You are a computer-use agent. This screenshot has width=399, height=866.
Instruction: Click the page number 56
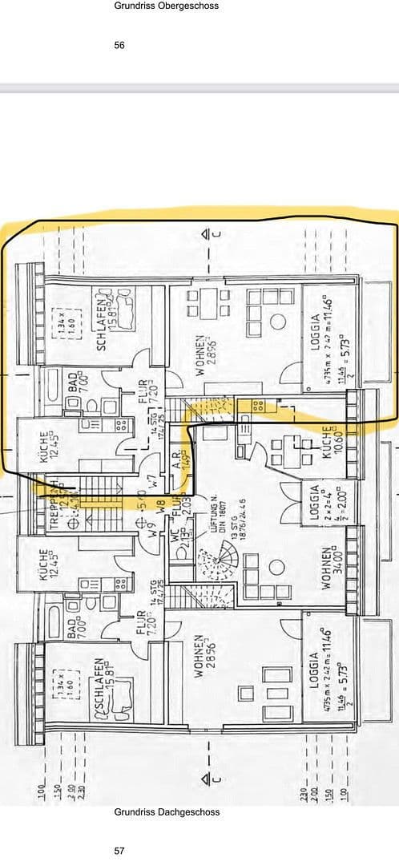tap(119, 46)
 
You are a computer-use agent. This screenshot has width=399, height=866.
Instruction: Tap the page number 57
tap(119, 851)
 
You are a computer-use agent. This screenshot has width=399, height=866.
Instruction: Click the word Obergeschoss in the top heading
tap(190, 6)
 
